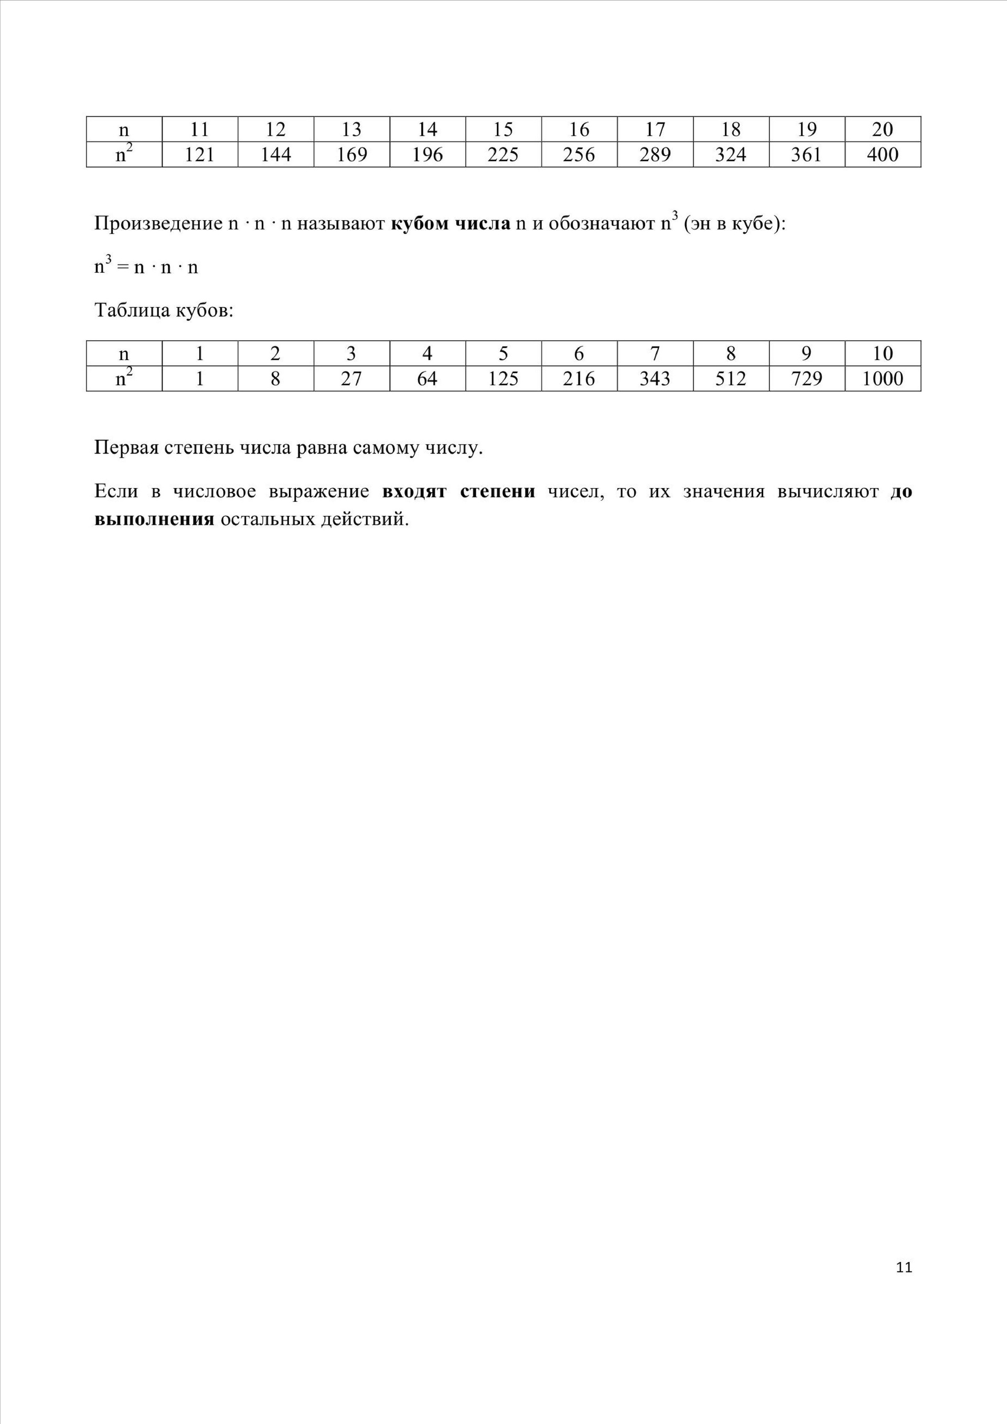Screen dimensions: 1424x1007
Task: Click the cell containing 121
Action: click(x=199, y=155)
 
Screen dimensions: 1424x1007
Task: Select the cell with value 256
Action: click(x=579, y=155)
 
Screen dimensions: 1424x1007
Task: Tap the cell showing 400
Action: click(x=882, y=155)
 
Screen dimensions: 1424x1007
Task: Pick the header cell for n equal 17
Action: click(x=655, y=129)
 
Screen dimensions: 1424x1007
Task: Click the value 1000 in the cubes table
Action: click(x=882, y=379)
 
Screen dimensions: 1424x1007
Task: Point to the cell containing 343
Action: click(x=655, y=379)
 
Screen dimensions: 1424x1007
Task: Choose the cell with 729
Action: click(x=806, y=379)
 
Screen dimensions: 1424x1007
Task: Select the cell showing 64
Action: click(x=427, y=379)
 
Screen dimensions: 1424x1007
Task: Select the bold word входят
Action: click(x=414, y=492)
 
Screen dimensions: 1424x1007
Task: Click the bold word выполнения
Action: click(x=154, y=519)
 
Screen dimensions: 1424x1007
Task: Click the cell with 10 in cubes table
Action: click(x=882, y=353)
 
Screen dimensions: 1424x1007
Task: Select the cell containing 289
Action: click(x=655, y=155)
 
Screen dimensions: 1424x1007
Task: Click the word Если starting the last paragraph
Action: click(x=115, y=492)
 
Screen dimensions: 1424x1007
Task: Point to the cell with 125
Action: click(x=502, y=379)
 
